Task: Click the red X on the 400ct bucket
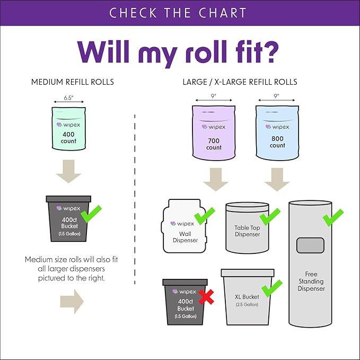206,297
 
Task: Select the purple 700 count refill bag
214,132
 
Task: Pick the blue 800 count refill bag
277,132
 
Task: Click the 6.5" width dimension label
68,98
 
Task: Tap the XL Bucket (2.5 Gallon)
247,297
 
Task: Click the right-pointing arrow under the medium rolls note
72,301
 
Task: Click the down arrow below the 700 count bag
215,179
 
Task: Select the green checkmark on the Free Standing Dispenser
333,217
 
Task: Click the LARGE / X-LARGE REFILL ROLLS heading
240,82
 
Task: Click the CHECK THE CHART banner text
180,13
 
